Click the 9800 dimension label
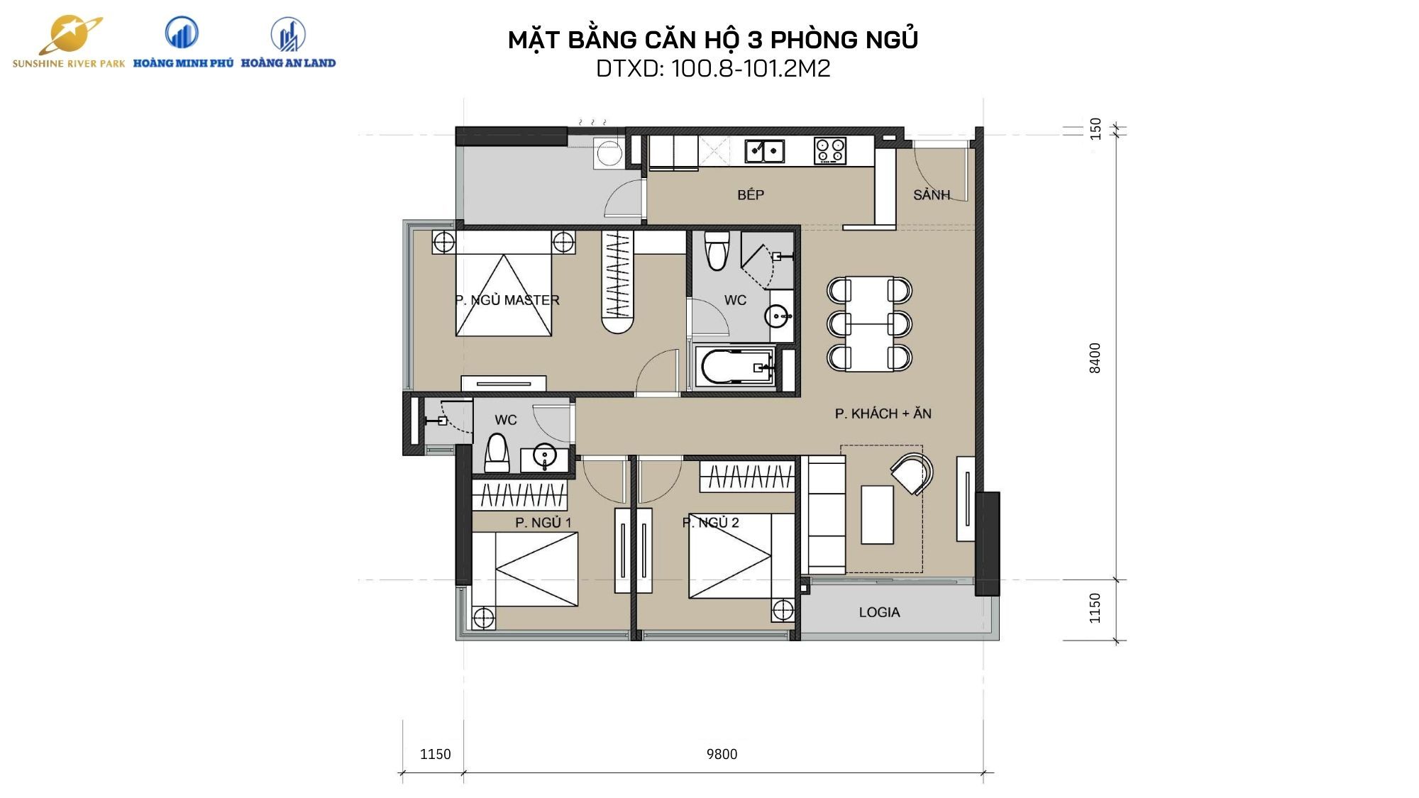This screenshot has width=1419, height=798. [x=722, y=754]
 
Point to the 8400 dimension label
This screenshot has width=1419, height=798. [x=1095, y=358]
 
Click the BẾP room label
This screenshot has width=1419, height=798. [x=751, y=195]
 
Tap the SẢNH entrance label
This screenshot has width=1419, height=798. [x=931, y=194]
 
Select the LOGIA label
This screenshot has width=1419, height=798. [x=879, y=612]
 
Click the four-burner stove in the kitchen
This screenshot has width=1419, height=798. [x=830, y=150]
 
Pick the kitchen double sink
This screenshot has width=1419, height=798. [x=764, y=150]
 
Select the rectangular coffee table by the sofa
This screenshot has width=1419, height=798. [x=877, y=514]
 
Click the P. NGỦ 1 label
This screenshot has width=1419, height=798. [x=543, y=523]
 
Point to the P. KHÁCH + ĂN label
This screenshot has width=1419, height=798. [x=883, y=414]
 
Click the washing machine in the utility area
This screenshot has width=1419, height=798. [x=609, y=153]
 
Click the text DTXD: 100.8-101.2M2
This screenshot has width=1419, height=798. [x=713, y=69]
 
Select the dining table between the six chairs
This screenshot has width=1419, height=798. [x=869, y=323]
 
